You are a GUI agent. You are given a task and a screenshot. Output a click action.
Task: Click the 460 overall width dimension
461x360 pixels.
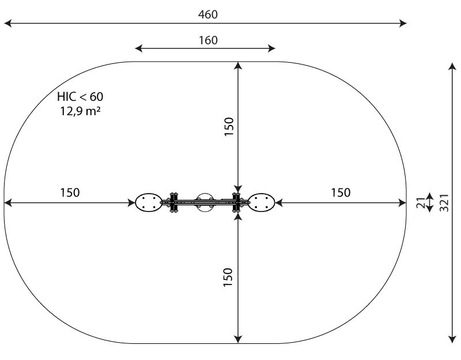tap(208, 14)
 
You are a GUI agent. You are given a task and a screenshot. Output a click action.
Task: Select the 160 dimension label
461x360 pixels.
tap(208, 40)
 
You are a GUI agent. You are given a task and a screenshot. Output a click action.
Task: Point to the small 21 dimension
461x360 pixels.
tap(421, 203)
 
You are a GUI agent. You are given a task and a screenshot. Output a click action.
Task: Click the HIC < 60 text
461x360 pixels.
tap(80, 96)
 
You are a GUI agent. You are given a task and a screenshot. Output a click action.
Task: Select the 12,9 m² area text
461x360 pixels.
tap(80, 111)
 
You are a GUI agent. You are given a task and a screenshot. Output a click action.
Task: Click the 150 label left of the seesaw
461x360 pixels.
tap(70, 192)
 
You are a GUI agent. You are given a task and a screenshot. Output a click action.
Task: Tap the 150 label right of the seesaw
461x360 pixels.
tap(341, 192)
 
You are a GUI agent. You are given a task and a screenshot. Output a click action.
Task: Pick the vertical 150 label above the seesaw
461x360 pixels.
tap(229, 126)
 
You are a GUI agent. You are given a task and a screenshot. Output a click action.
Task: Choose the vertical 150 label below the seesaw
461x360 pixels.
tap(228, 277)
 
